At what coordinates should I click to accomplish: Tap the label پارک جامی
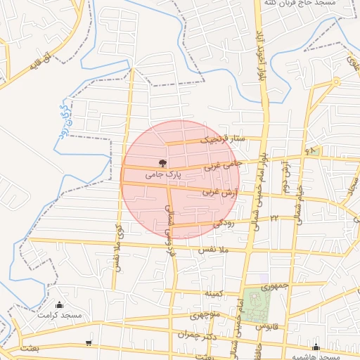[164, 173]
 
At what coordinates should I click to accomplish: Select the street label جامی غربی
[223, 165]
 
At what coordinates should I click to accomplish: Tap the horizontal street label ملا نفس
[215, 250]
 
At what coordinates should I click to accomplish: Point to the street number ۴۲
[275, 218]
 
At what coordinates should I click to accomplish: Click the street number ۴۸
[311, 151]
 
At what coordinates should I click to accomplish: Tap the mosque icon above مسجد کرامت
[59, 305]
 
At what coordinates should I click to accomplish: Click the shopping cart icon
[89, 344]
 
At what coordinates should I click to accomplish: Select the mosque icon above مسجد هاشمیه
[316, 347]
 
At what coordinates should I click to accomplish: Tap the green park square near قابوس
[257, 304]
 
